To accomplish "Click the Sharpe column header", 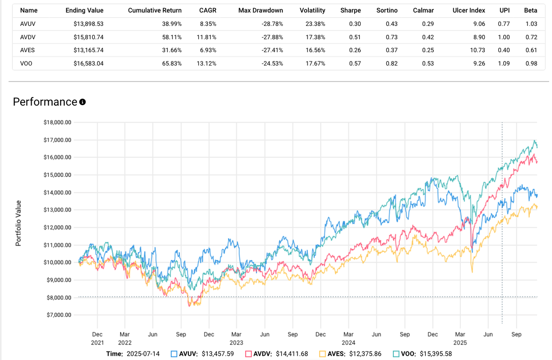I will (x=350, y=10).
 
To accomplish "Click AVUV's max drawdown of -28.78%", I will (x=273, y=24).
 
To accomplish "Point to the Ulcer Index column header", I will (x=469, y=10).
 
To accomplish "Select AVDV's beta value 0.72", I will (x=531, y=37).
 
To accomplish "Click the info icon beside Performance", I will (x=82, y=102).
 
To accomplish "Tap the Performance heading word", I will (x=45, y=102).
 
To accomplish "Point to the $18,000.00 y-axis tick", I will (x=57, y=122).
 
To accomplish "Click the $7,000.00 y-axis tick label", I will (x=57, y=315).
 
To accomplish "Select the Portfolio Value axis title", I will (x=19, y=223).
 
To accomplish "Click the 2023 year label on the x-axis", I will (x=236, y=343).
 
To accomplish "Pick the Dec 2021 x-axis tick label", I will (x=97, y=338).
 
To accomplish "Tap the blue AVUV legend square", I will (x=174, y=354).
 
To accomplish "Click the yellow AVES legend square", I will (x=322, y=354).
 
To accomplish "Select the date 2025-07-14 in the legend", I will (x=143, y=354).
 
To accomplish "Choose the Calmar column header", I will (x=423, y=10).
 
